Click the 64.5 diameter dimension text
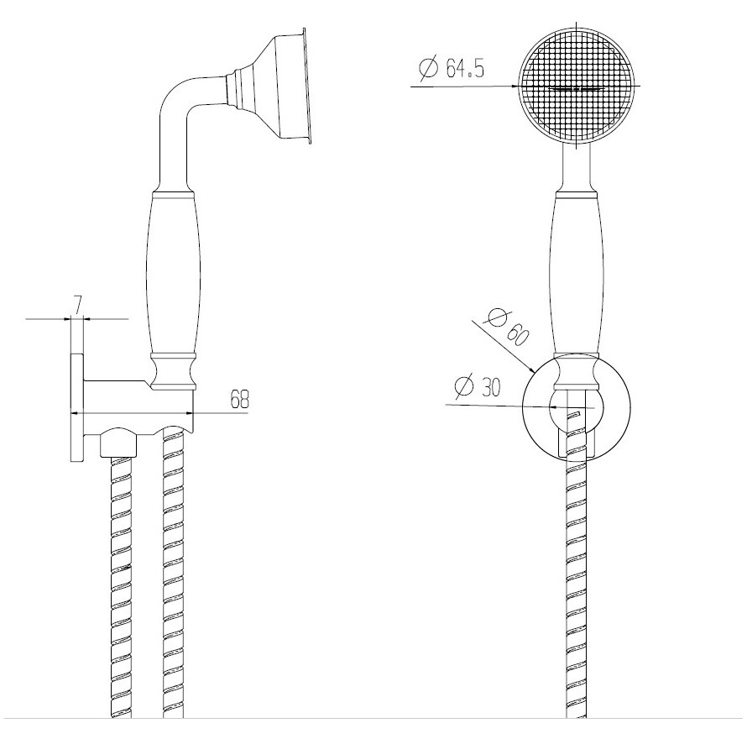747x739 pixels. pos(451,68)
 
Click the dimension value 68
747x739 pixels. pos(240,399)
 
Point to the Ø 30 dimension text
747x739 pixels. pos(478,386)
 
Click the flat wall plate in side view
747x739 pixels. pos(77,407)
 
